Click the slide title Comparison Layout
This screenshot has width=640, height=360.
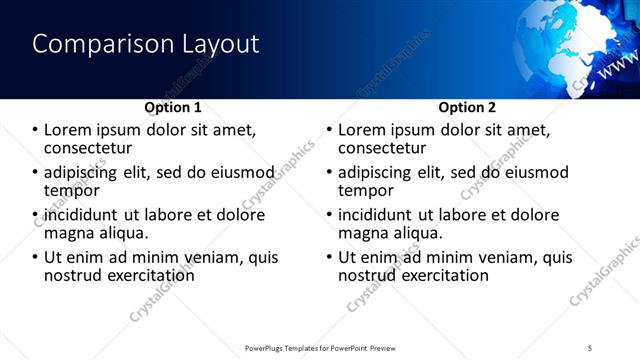pos(146,45)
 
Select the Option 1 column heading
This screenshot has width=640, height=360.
pos(173,107)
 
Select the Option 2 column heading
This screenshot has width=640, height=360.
pos(467,107)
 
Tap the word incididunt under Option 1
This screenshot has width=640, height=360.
pos(80,215)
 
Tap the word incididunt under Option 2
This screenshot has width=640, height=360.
pos(374,215)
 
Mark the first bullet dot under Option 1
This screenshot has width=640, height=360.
pos(35,130)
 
